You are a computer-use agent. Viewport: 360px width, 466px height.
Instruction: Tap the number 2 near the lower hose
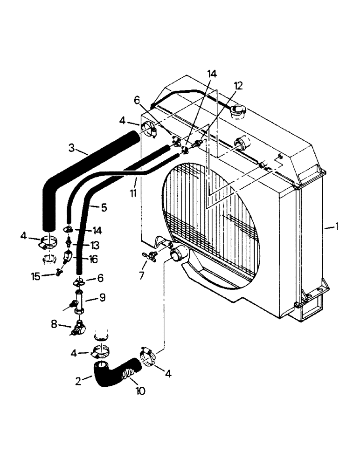point(78,381)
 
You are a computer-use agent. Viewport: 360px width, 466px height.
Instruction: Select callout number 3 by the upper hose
point(71,148)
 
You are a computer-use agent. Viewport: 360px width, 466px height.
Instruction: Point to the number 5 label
point(104,208)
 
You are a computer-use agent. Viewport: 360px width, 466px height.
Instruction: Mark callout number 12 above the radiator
point(238,86)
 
